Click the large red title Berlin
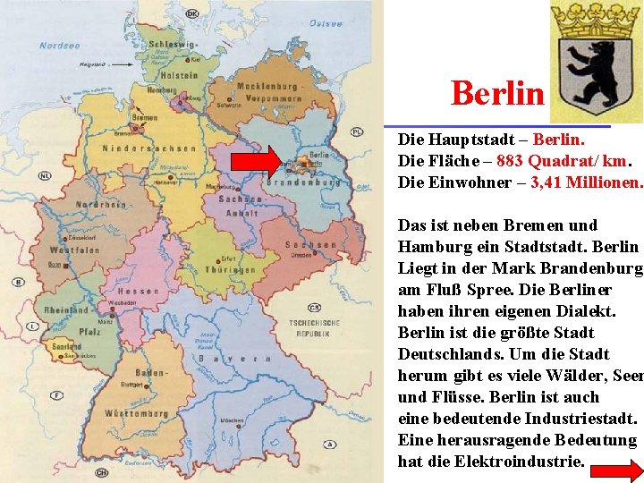coord(497,92)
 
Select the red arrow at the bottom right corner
coord(616,471)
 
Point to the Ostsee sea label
coord(326,25)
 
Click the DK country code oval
coord(193,14)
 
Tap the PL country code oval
coord(357,131)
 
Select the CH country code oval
coord(102,471)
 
